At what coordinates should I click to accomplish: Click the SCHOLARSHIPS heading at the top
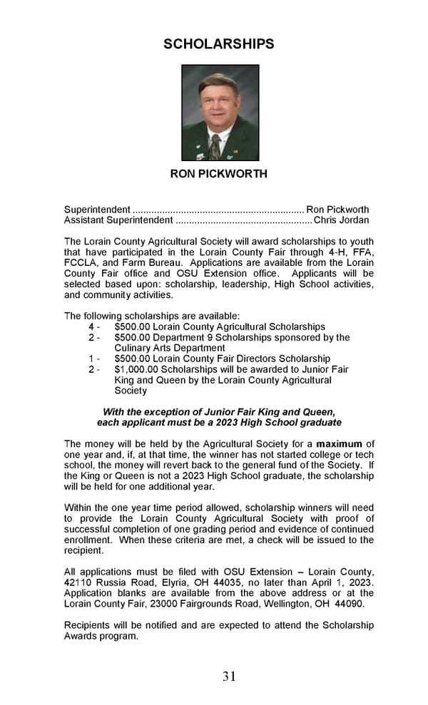(218, 44)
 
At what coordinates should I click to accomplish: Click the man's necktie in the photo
(214, 146)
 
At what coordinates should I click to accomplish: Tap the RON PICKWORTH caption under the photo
(218, 174)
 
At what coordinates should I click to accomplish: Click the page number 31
(229, 676)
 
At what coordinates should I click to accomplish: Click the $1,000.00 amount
(136, 369)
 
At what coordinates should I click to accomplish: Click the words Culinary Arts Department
(160, 348)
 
